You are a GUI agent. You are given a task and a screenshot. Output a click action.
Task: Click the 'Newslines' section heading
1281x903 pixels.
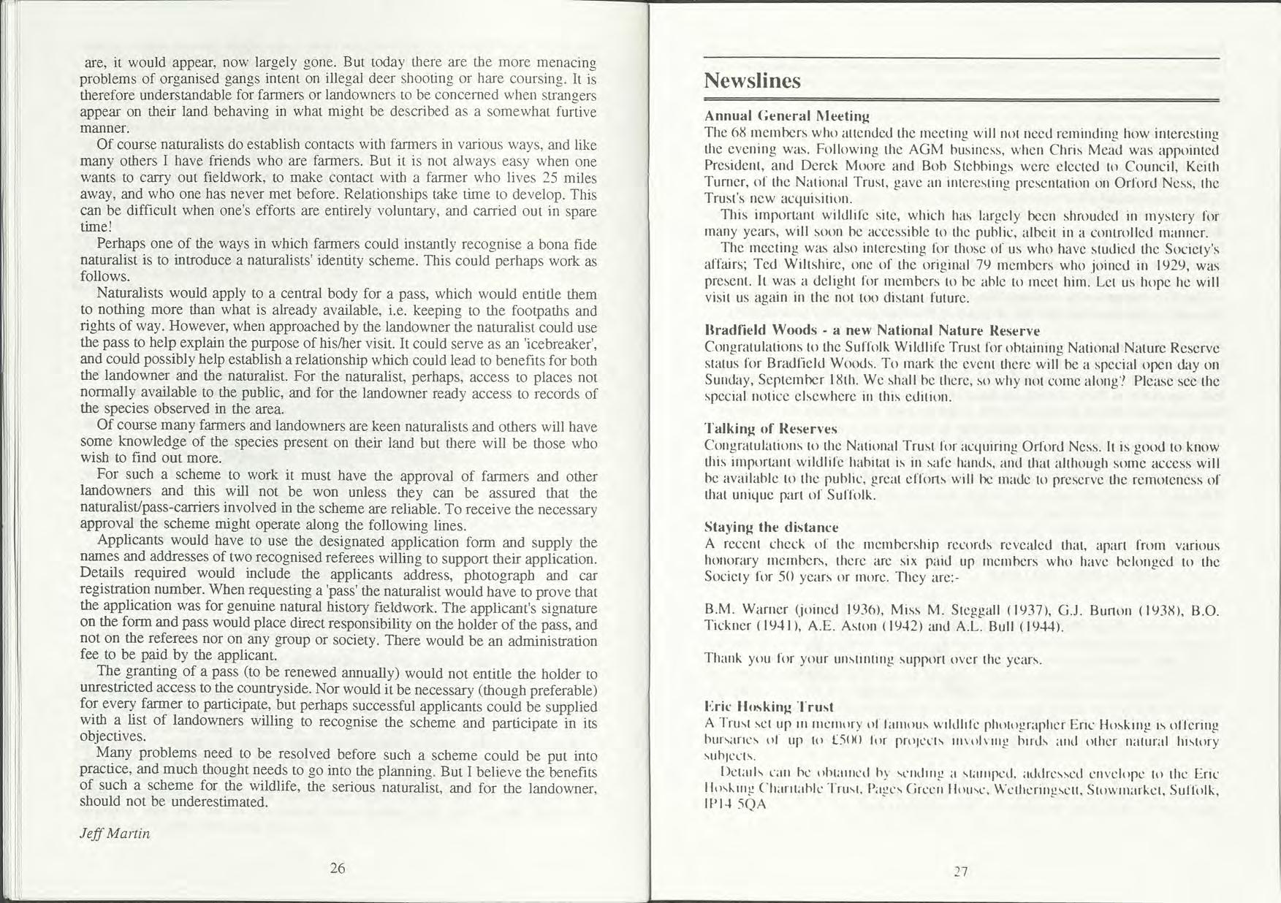(752, 81)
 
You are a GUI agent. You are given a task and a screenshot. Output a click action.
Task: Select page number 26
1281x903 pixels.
(337, 868)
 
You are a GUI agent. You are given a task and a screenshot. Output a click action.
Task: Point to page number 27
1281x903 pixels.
(961, 871)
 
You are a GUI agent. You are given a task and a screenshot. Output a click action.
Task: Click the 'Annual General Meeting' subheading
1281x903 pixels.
(786, 115)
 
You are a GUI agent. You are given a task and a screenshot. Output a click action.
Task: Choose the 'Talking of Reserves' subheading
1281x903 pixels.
(770, 428)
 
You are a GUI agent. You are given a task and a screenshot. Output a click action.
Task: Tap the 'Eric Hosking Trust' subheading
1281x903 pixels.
(769, 706)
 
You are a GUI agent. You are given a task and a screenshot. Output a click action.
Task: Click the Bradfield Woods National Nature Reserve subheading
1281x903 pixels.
(871, 330)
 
